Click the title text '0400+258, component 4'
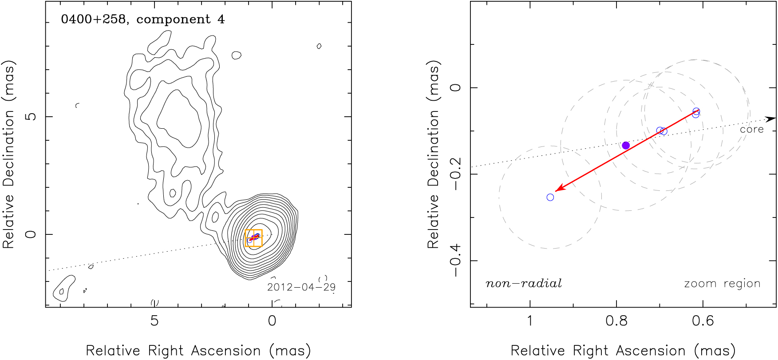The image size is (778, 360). (x=142, y=20)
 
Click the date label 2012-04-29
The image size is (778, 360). (x=301, y=287)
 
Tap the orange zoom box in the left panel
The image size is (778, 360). (x=253, y=238)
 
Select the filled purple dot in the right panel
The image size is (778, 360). (x=626, y=146)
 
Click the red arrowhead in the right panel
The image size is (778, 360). (x=558, y=190)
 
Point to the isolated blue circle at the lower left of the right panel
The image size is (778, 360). (x=550, y=197)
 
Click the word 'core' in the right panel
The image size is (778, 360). (x=751, y=130)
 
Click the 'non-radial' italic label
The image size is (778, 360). (x=524, y=284)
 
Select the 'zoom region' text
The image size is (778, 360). (x=722, y=284)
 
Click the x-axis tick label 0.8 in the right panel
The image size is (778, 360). (x=616, y=320)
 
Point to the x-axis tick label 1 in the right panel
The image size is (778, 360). (x=530, y=320)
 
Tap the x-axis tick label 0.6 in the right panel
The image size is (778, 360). (x=703, y=320)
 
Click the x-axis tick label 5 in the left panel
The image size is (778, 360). (x=154, y=320)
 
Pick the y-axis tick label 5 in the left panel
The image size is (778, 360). (x=31, y=117)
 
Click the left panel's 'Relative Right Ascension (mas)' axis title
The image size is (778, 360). (x=198, y=351)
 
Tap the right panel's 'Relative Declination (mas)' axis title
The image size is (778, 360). (x=433, y=154)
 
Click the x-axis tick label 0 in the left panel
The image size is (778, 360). (x=272, y=320)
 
